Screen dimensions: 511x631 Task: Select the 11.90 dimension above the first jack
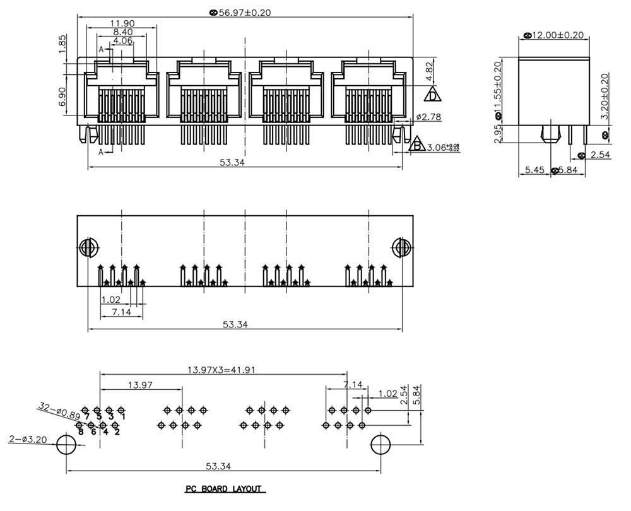tap(119, 23)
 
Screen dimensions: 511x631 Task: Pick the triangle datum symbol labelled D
tap(432, 95)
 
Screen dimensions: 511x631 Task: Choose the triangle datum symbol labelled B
tap(416, 145)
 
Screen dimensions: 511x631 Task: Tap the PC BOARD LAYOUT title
tap(224, 489)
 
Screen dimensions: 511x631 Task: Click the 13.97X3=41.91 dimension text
tap(221, 370)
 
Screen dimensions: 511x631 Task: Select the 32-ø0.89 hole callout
tap(59, 411)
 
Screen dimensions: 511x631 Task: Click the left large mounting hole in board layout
tap(66, 445)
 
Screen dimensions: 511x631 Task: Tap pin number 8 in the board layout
tap(81, 432)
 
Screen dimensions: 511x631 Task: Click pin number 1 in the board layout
tap(122, 416)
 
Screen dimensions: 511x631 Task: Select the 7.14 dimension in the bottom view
tap(122, 312)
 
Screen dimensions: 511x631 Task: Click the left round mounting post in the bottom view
tap(87, 247)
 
